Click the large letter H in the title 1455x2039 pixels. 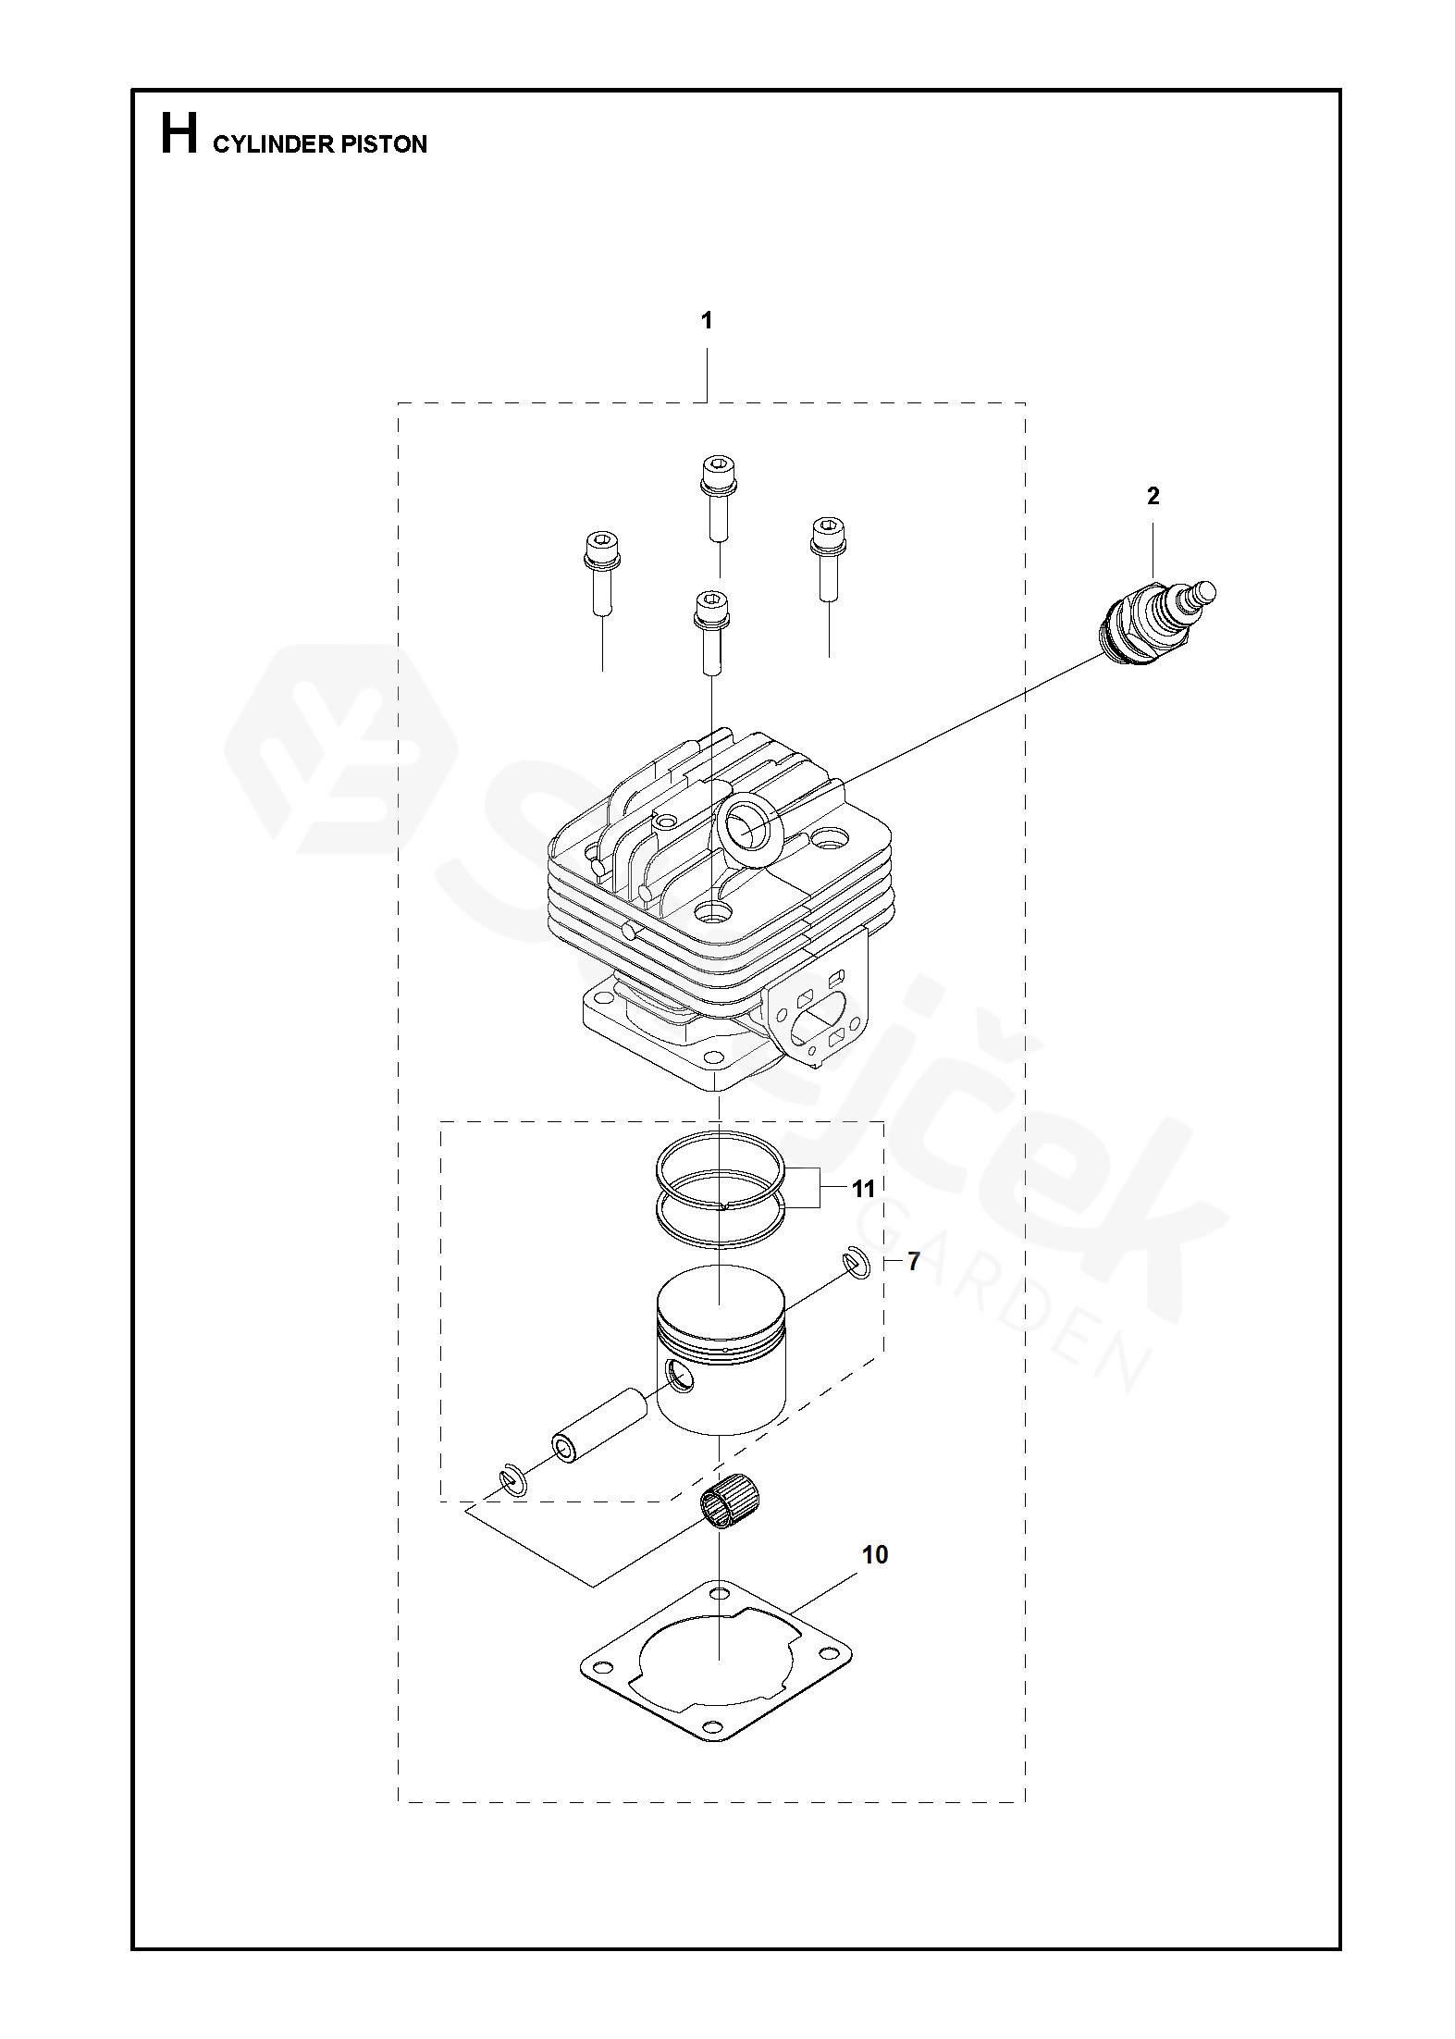179,135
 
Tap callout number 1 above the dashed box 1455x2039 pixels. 707,321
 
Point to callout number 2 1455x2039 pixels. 1153,497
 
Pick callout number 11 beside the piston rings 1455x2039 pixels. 864,1187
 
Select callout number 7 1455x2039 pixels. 913,1261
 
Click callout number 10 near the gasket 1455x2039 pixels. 875,1555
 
